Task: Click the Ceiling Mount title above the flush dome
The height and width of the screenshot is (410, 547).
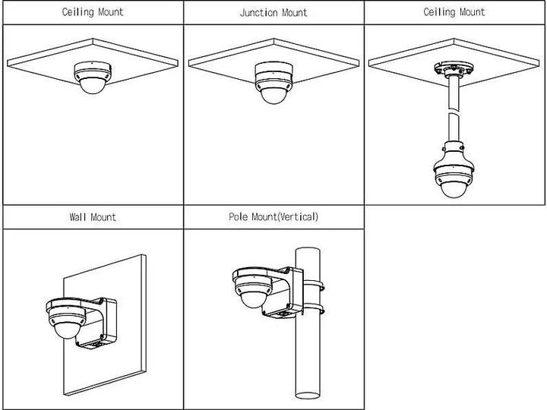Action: point(92,12)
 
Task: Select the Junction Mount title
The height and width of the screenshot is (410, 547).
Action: point(273,13)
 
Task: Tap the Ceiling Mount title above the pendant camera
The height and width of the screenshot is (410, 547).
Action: point(454,12)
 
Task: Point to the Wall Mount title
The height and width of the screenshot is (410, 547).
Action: point(92,217)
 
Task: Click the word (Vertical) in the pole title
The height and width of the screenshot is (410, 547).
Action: point(298,217)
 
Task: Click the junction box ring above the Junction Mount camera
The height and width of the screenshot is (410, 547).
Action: point(273,70)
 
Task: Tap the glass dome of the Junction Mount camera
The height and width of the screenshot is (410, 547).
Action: point(273,93)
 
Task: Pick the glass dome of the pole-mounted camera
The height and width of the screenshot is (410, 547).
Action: point(253,297)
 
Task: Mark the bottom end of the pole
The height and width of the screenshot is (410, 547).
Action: point(310,395)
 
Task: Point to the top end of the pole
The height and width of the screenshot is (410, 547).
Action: point(310,251)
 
